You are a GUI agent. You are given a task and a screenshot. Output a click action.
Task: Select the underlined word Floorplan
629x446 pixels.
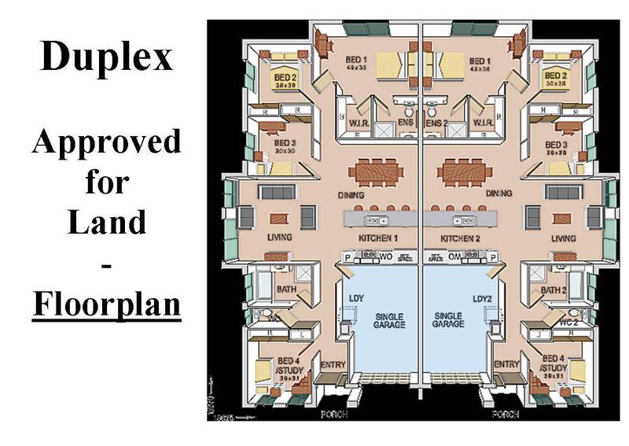click(x=106, y=303)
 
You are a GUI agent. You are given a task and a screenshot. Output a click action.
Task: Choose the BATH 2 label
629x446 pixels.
click(x=554, y=290)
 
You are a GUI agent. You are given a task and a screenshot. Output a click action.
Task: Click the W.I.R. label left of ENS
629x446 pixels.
click(x=355, y=123)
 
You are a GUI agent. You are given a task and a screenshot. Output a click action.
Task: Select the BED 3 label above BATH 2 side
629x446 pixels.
click(x=555, y=146)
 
